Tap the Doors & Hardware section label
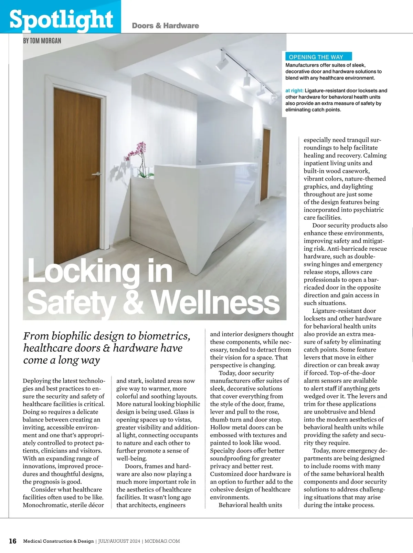pyautogui.click(x=165, y=26)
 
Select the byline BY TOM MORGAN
pyautogui.click(x=42, y=41)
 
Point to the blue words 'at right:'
pyautogui.click(x=294, y=91)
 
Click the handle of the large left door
pyautogui.click(x=97, y=174)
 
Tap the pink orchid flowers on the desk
pyautogui.click(x=138, y=152)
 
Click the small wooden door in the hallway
pyautogui.click(x=265, y=165)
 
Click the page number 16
pyautogui.click(x=12, y=541)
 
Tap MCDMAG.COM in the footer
pyautogui.click(x=162, y=541)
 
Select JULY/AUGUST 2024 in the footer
pyautogui.click(x=119, y=541)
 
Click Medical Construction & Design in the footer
pyautogui.click(x=58, y=541)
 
